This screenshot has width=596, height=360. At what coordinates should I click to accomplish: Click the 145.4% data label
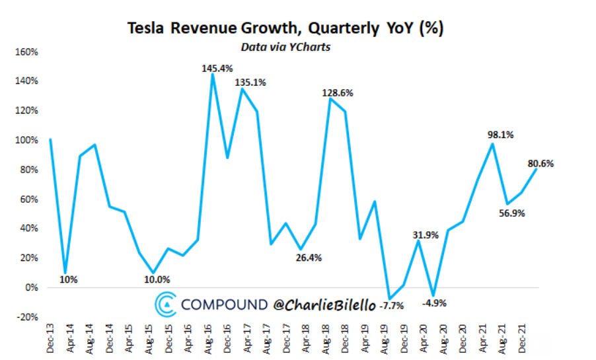[217, 67]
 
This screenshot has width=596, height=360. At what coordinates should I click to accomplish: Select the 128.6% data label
[338, 93]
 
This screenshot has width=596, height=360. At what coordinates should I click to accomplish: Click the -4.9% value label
[435, 304]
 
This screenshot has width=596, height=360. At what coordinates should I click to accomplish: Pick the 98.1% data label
[500, 135]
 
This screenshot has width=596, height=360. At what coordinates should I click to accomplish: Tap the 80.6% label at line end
[540, 163]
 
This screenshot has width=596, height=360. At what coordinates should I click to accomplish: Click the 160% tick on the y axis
[30, 52]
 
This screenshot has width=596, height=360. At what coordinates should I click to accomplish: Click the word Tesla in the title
[145, 29]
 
